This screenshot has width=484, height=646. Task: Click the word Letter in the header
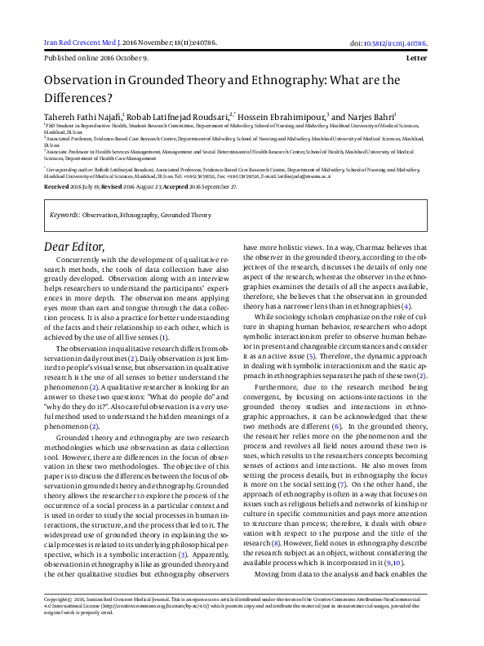point(428,59)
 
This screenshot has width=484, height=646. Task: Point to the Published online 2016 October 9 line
point(95,59)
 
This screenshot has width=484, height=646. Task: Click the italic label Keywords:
point(64,216)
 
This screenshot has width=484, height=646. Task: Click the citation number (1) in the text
point(187,336)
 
